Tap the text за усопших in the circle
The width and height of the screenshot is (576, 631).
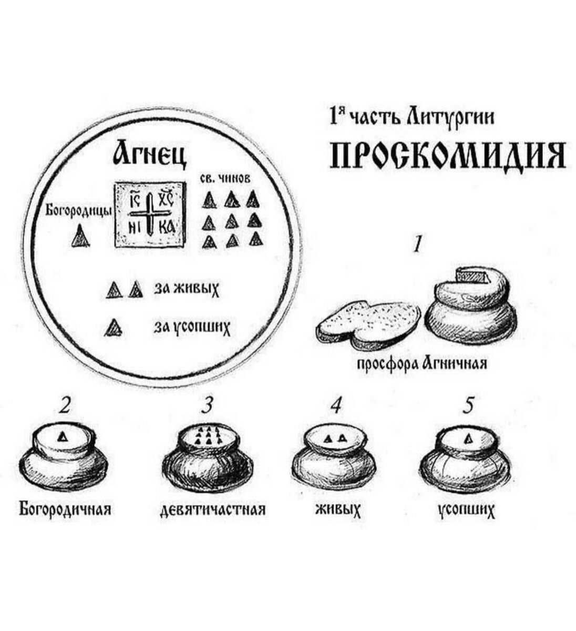coord(192,328)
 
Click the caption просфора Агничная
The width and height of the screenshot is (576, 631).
coord(422,364)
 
